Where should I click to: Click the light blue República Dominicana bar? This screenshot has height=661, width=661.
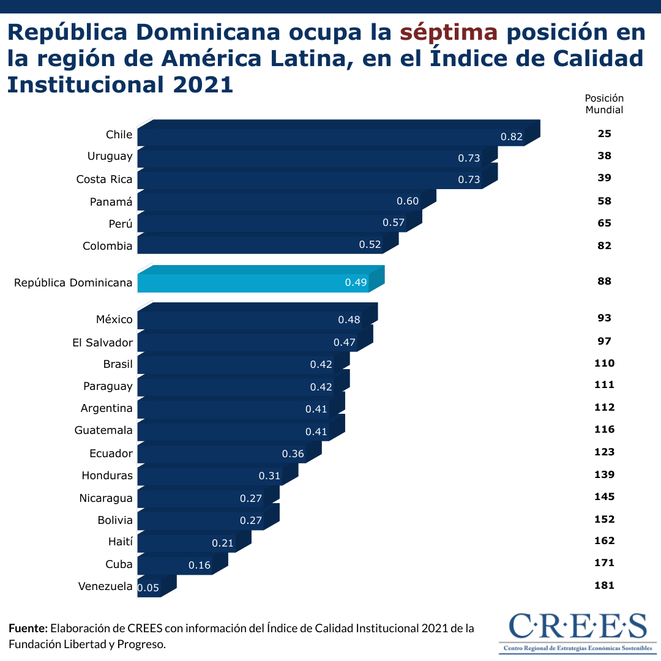coord(254,283)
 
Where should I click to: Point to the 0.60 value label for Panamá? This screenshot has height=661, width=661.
coord(408,201)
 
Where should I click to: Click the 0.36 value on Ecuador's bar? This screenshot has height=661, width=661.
coord(293,454)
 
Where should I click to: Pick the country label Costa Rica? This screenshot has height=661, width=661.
coord(104,179)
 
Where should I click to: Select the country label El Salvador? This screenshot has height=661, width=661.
coord(102,342)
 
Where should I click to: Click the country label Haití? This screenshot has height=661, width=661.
coord(119,542)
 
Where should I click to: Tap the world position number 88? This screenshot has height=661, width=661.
coord(604,282)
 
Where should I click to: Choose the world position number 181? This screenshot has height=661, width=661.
coord(604,585)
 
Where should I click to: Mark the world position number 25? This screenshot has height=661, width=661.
coord(604,133)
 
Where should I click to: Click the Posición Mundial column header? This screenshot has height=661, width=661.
coord(604,104)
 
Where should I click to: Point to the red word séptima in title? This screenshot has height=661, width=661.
coord(449,32)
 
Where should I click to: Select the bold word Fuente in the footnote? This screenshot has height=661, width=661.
coord(28,629)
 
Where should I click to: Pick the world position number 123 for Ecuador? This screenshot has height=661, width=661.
coord(604,452)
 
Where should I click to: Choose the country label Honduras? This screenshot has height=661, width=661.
coord(107,476)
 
